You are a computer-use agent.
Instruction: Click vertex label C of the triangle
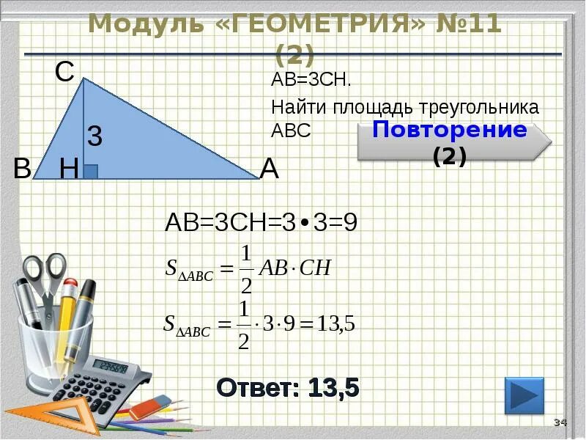pyautogui.click(x=64, y=72)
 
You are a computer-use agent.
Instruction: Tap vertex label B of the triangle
pyautogui.click(x=22, y=169)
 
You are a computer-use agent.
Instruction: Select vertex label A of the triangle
pyautogui.click(x=270, y=170)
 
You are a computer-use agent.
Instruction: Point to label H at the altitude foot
pyautogui.click(x=70, y=170)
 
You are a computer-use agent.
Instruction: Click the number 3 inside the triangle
pyautogui.click(x=94, y=136)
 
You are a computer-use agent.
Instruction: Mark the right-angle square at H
pyautogui.click(x=90, y=172)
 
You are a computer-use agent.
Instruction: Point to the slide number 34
pyautogui.click(x=560, y=422)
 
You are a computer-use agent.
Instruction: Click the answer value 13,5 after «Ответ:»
pyautogui.click(x=333, y=387)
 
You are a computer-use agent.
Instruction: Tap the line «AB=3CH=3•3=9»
pyautogui.click(x=262, y=222)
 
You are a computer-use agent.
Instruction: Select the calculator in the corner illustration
pyautogui.click(x=103, y=381)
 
